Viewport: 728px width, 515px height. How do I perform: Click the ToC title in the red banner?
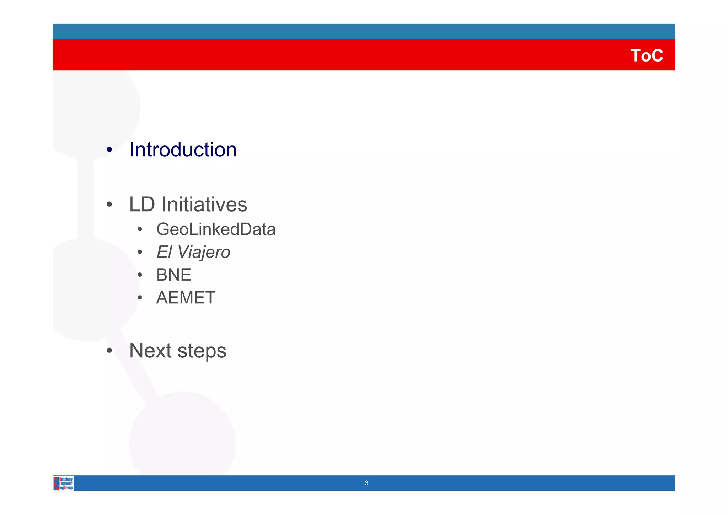(646, 55)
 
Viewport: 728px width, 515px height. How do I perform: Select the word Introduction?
(183, 149)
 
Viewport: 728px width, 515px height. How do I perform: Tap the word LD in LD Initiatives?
(142, 205)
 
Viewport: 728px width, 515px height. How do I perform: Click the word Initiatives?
(204, 205)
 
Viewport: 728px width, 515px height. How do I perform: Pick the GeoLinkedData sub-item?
(216, 229)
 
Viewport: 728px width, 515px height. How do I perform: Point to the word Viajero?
(203, 252)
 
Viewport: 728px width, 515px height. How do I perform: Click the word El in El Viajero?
(164, 252)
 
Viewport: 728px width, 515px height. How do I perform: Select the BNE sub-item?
(173, 275)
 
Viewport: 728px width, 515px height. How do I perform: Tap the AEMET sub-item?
(186, 298)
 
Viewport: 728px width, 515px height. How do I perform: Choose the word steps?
(202, 351)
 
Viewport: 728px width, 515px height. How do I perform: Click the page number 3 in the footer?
(366, 483)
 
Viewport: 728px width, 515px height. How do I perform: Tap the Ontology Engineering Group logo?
(63, 483)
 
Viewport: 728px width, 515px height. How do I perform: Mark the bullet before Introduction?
(109, 150)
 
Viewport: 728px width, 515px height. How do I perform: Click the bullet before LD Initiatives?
(109, 205)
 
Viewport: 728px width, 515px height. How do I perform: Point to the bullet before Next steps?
(109, 351)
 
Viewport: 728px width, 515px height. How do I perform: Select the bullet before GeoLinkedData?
(140, 230)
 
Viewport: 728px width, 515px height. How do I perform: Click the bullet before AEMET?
(140, 298)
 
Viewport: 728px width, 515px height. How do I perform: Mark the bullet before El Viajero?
(140, 253)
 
